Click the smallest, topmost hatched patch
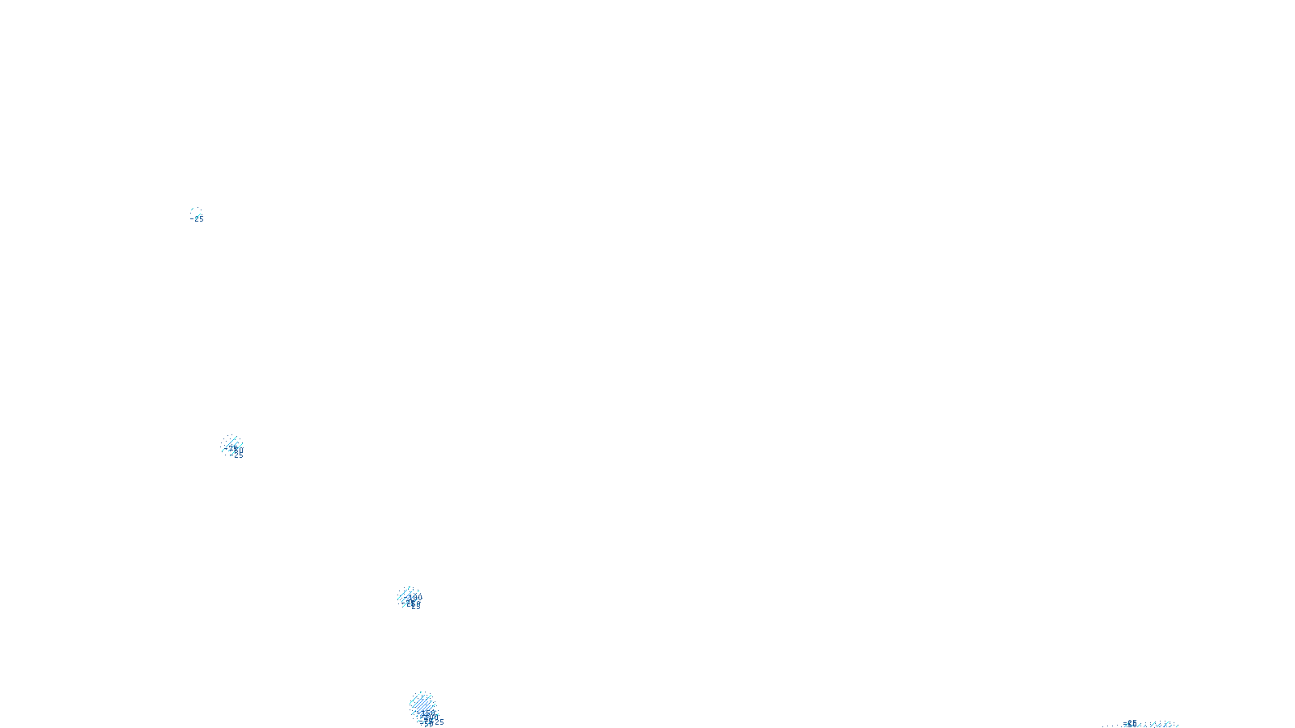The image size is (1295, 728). (195, 213)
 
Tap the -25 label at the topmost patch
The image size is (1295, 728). (197, 218)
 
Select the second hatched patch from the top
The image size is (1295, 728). (231, 445)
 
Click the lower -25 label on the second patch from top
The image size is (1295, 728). (236, 455)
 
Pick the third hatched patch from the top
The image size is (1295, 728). (409, 597)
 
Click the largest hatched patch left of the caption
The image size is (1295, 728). (422, 705)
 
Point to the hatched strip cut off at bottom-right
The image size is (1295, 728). (1149, 725)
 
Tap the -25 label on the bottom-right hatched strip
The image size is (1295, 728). (1132, 723)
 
